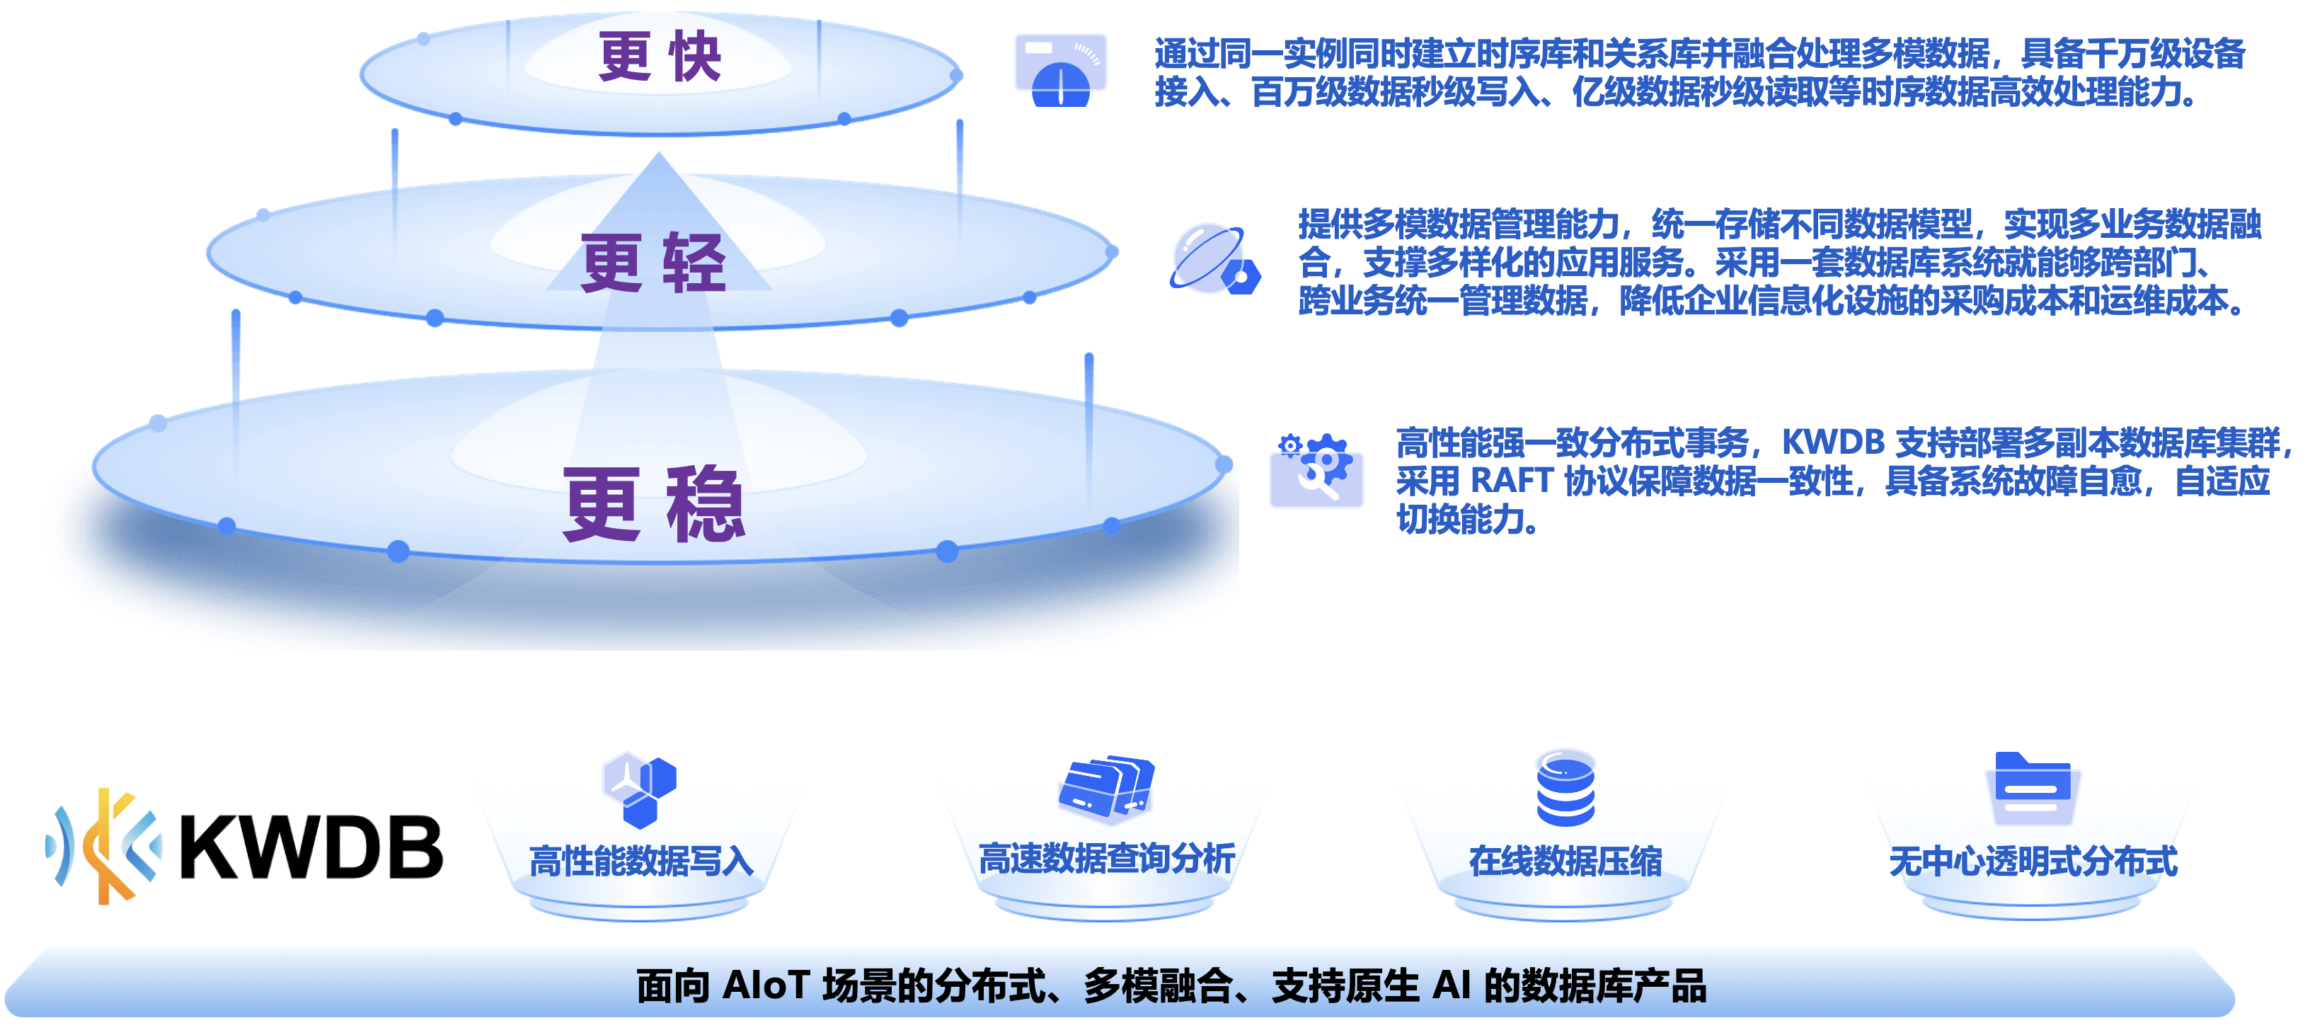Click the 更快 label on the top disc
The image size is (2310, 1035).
coord(659,56)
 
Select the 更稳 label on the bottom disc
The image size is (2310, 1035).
coord(654,503)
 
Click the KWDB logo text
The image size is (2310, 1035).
coord(311,847)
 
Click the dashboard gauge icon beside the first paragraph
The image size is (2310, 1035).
coord(1061,70)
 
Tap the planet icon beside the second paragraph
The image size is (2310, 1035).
coord(1215,259)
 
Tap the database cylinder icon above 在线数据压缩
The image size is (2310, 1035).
coord(1565,787)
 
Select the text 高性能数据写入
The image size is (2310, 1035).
coord(641,861)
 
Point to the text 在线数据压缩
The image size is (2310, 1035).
coord(1565,861)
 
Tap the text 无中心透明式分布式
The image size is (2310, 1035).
coord(2033,861)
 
